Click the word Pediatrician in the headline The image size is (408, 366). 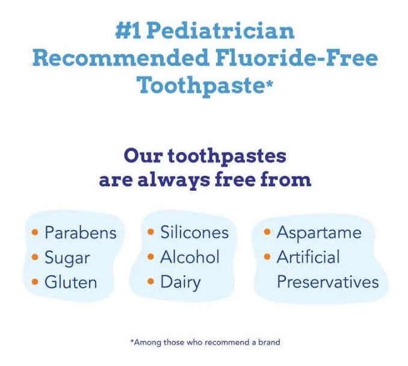(220, 31)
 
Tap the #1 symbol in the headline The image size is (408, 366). (129, 31)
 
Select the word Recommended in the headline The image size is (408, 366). (121, 58)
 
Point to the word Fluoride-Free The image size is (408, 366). (297, 58)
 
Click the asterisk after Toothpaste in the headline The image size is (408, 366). (270, 84)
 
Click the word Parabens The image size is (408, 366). (81, 232)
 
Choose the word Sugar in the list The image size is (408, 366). (67, 258)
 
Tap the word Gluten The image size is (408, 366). (71, 282)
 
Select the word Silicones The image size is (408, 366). (194, 232)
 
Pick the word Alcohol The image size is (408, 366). (190, 257)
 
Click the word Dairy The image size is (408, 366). (181, 282)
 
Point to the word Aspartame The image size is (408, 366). (319, 232)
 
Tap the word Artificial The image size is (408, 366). (308, 257)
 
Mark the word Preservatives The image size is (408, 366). (328, 282)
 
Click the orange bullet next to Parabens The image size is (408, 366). (35, 232)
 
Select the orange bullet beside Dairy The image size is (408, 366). (150, 281)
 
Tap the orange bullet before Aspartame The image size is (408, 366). (267, 232)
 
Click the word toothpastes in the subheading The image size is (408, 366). (227, 157)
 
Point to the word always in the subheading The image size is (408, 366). (173, 181)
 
